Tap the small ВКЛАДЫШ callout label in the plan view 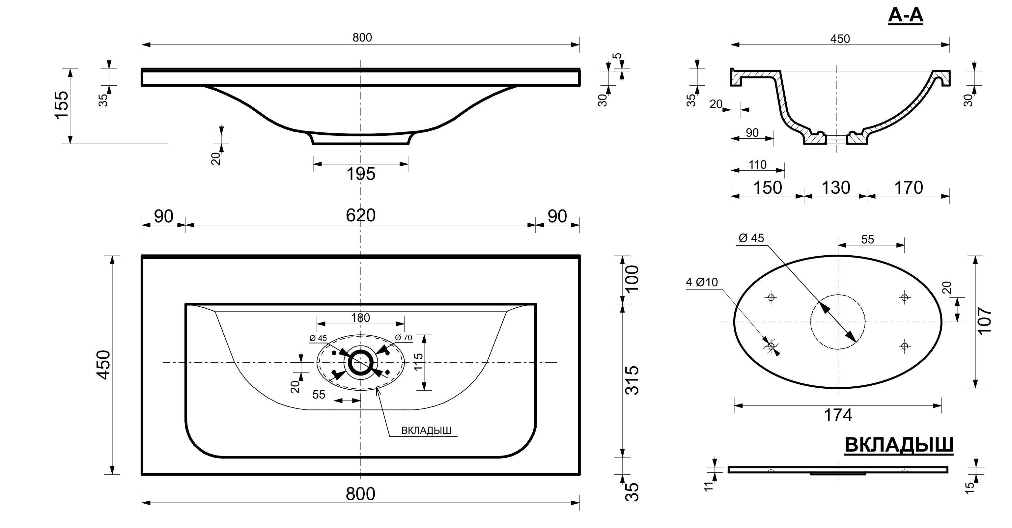(426, 431)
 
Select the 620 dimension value (361, 215)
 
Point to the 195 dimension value (361, 174)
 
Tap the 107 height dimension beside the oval (986, 320)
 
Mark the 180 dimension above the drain (361, 318)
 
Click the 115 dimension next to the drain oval (418, 362)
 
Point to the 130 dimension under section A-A (836, 188)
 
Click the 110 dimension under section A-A (757, 165)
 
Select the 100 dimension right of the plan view (632, 278)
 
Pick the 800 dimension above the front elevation (362, 38)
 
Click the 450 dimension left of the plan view (104, 365)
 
